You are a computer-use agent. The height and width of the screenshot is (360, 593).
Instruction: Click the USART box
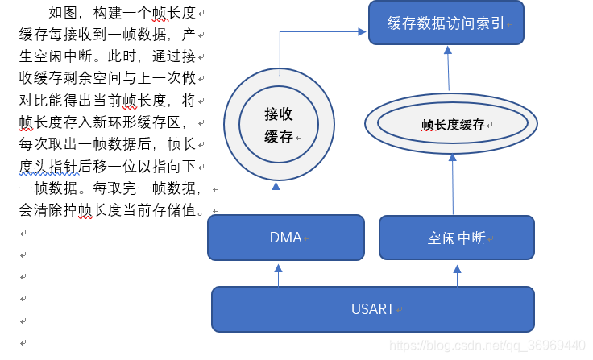coord(373,309)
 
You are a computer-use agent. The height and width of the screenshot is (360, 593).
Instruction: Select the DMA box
coord(286,238)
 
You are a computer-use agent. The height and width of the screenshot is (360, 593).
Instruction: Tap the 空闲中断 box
coord(457,238)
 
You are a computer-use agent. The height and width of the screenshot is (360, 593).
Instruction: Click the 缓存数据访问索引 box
coord(446,23)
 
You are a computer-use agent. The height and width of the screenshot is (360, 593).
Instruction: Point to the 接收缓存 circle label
coord(279,125)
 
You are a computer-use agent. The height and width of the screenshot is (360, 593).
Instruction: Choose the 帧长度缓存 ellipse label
coord(453,125)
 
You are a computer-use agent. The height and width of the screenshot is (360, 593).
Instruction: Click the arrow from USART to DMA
coord(279,275)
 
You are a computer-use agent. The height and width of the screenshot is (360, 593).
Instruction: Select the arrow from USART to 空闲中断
coord(457,275)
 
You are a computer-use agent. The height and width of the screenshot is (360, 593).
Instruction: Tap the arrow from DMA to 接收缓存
coord(276,199)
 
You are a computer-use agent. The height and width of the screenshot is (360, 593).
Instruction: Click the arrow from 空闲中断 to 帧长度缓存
coord(453,184)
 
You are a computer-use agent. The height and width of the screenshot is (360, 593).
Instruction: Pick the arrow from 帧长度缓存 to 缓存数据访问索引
coord(449,68)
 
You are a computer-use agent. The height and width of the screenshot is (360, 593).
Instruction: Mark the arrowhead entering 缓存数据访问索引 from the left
coord(363,31)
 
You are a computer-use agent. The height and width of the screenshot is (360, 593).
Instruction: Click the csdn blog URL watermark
coord(487,346)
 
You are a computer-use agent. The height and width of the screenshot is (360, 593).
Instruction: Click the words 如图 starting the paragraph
coord(63,13)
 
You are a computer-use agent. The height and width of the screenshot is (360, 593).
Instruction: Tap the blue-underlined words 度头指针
coord(49,167)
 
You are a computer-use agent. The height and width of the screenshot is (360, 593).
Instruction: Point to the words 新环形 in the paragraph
coord(115,122)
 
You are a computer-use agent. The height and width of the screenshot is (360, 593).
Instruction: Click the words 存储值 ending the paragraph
coord(174,210)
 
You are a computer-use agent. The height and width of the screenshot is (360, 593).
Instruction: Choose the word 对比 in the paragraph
coord(34,100)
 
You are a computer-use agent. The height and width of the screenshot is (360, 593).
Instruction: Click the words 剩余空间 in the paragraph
coord(93,78)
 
